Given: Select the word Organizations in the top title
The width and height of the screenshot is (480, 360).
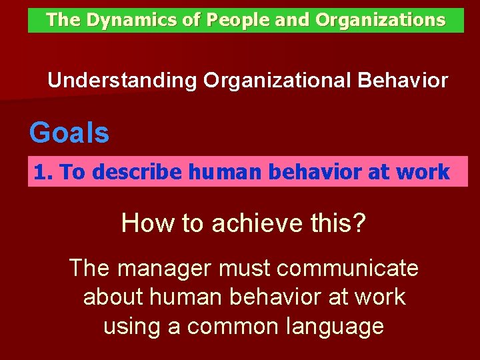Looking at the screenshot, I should [380, 20].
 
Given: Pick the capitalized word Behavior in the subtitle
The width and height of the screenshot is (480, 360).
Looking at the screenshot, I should [403, 81].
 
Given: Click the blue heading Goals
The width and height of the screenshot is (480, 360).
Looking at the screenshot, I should [69, 133].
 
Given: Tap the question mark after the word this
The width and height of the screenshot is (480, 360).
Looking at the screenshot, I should [359, 223].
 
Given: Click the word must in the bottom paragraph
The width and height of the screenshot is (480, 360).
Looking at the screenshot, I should [241, 269].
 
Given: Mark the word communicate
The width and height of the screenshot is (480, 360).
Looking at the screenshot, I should [347, 269].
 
